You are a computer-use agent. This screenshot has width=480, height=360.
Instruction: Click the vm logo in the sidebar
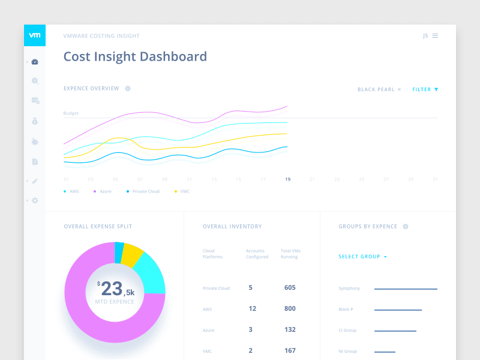pos(35,35)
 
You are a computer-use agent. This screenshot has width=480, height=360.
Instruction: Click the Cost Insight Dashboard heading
pos(135,57)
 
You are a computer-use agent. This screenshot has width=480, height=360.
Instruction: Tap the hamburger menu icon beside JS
pos(435,36)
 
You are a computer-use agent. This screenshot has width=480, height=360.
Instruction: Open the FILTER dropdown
pos(425,89)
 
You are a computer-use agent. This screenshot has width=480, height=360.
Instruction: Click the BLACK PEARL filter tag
pos(379,89)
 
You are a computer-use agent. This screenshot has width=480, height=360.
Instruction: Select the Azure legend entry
pos(103,191)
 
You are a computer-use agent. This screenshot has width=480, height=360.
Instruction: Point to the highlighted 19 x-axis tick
pos(288,179)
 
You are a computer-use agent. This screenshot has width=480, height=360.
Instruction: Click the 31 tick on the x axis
pos(435,179)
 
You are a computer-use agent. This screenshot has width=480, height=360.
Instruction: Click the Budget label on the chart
pos(71,113)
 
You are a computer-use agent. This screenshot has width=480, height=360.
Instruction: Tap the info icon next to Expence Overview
pos(128,89)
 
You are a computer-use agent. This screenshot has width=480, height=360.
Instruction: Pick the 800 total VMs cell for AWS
pos(290,308)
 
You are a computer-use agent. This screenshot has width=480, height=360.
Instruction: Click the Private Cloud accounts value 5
pos(250,287)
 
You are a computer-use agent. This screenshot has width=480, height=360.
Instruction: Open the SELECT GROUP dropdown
pos(362,257)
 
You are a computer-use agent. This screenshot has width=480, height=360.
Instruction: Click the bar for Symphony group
pos(406,289)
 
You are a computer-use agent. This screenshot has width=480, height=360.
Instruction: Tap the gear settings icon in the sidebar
pos(35,200)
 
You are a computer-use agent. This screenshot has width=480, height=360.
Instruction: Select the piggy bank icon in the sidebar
pos(35,142)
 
